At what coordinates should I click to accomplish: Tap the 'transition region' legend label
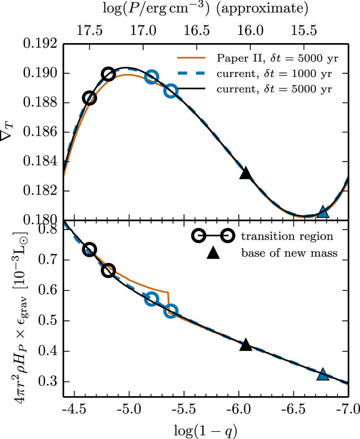(287, 236)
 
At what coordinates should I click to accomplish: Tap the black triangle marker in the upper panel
(246, 174)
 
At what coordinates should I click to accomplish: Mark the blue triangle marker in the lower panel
(323, 375)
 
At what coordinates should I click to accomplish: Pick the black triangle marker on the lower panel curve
(246, 345)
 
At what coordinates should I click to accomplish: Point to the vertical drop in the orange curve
(168, 303)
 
